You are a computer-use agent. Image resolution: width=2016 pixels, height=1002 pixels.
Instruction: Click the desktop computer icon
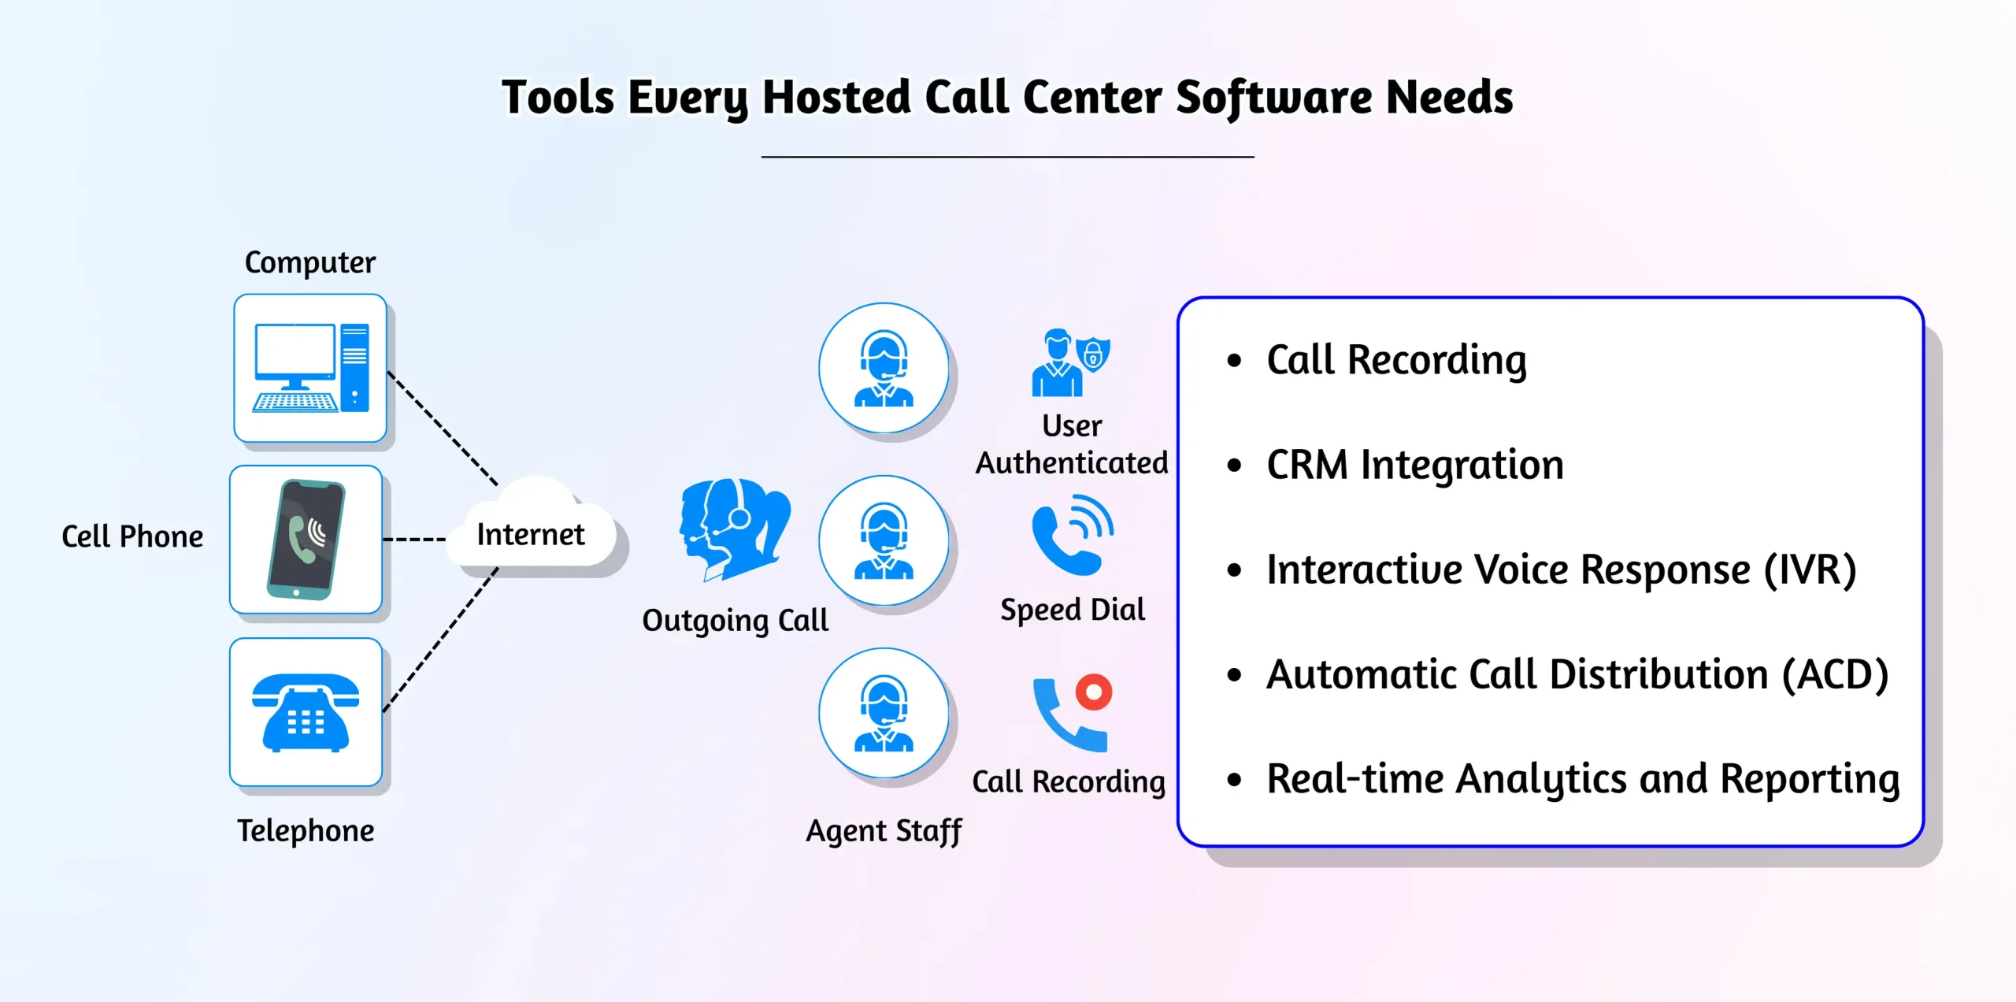(310, 368)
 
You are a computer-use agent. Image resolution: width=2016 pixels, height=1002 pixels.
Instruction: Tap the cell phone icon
(306, 540)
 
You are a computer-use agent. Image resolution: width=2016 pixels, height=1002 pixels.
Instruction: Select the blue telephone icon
(306, 713)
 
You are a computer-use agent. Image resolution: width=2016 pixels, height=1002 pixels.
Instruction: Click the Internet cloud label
(530, 535)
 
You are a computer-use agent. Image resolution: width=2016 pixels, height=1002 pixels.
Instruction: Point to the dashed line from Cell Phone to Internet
(414, 540)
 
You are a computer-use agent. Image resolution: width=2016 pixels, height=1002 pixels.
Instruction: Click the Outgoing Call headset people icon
(735, 529)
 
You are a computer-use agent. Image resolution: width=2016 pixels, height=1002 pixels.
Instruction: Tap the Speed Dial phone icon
(1073, 535)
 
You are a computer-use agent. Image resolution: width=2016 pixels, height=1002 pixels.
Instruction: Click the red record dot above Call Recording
(1094, 692)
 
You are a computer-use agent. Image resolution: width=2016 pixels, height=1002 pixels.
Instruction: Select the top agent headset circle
(884, 368)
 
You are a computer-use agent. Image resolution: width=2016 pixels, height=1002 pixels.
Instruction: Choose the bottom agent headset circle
(884, 713)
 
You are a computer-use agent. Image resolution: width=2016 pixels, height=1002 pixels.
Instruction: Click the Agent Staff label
(884, 832)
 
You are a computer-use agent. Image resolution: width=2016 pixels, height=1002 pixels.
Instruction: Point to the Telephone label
(306, 832)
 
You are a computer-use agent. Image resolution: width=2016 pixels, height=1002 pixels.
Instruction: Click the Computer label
(310, 263)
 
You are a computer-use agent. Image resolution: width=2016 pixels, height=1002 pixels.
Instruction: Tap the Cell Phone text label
(132, 536)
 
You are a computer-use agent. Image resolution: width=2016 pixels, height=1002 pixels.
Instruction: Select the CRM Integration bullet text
(1415, 465)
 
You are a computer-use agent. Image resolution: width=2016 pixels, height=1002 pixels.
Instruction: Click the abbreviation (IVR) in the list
(1810, 570)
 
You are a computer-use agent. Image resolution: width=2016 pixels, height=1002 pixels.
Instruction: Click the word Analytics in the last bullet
(1541, 780)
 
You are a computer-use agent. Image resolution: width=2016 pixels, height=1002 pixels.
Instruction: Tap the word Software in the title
(1273, 98)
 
